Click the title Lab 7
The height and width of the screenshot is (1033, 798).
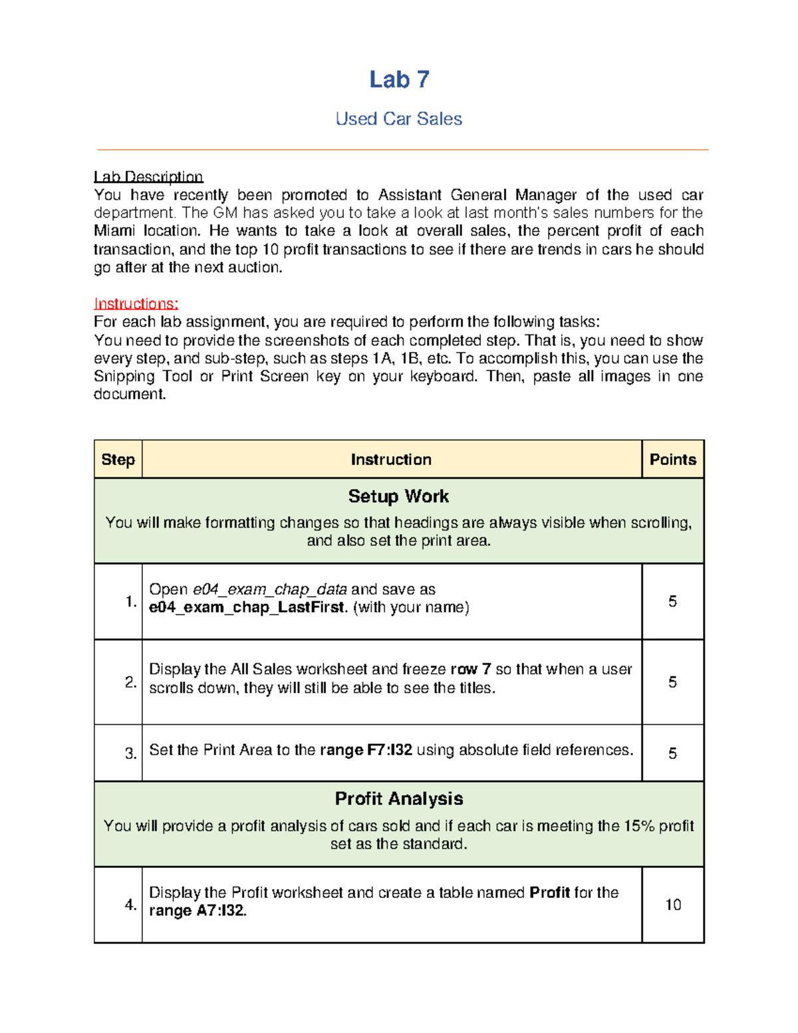pos(399,80)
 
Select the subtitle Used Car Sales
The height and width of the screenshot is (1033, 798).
pos(398,119)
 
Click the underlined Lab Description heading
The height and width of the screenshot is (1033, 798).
pos(148,177)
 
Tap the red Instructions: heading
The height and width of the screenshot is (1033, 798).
pos(136,304)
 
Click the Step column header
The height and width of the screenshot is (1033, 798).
pos(118,460)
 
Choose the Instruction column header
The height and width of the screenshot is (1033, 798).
pos(391,460)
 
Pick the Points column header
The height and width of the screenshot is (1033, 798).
pos(672,460)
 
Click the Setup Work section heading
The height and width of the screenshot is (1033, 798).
pos(398,497)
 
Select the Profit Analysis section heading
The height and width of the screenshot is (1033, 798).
pos(398,799)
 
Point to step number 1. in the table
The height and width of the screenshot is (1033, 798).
pos(130,602)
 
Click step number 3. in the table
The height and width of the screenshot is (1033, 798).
pos(130,754)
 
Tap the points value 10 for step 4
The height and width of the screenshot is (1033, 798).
pos(672,905)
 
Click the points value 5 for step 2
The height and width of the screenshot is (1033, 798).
pos(672,682)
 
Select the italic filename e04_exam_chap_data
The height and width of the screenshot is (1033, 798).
pos(269,590)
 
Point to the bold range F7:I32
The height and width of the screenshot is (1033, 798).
pos(389,750)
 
